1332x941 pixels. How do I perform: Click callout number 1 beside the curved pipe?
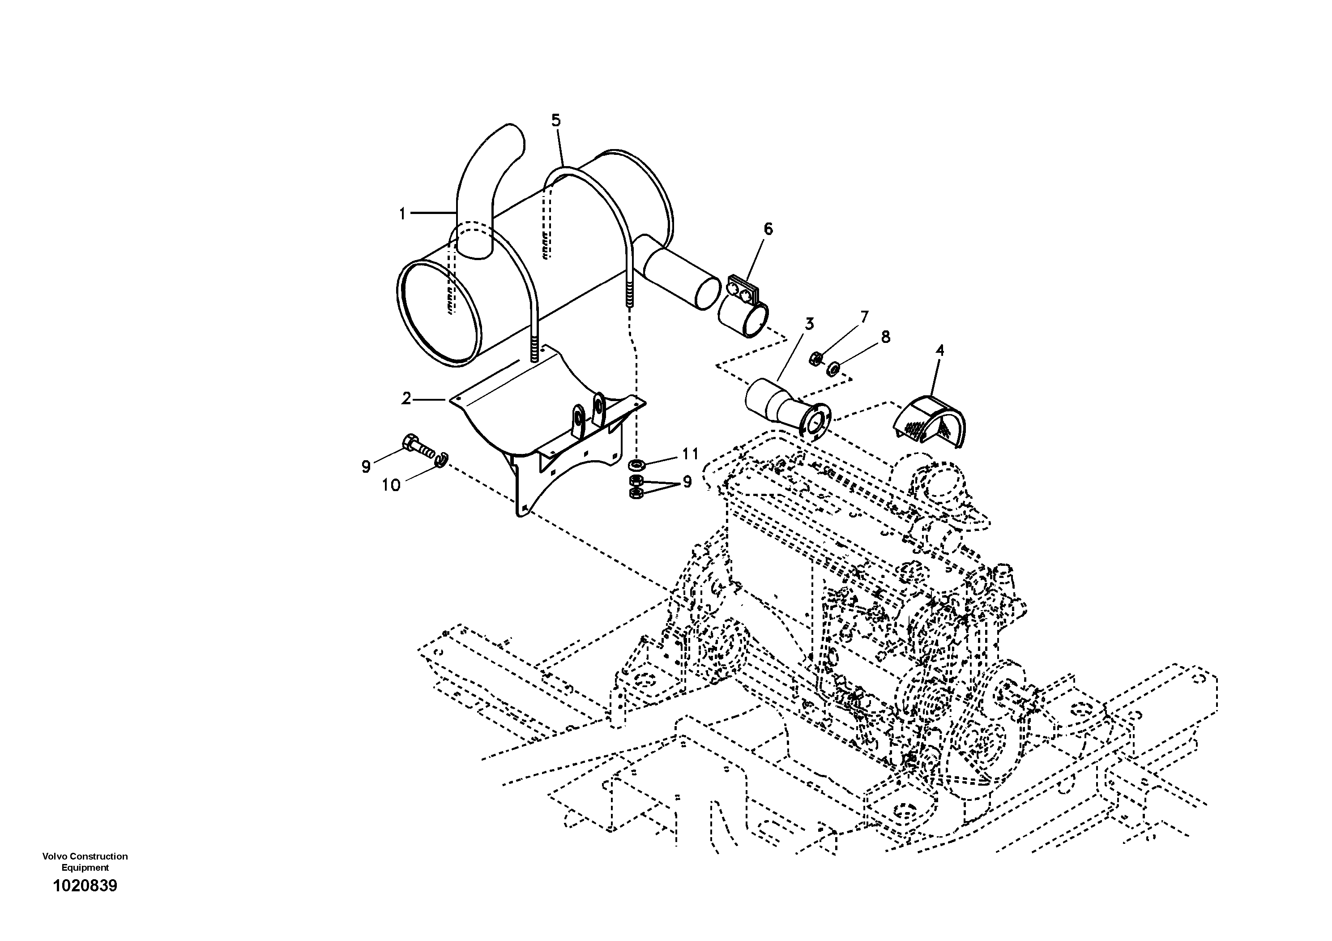click(x=402, y=214)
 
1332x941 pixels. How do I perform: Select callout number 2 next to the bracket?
click(x=406, y=398)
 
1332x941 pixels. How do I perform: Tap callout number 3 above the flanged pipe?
click(x=809, y=324)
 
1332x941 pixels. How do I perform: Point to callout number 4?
click(x=940, y=351)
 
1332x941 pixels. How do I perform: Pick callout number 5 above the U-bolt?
click(x=556, y=121)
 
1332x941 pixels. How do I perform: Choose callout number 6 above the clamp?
click(x=768, y=229)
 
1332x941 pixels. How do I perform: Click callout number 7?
click(x=864, y=317)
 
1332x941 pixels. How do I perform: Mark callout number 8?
click(x=885, y=337)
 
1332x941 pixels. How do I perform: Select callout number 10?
click(x=391, y=485)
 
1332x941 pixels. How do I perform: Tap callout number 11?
click(x=690, y=453)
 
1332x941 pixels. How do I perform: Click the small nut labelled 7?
click(x=815, y=359)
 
